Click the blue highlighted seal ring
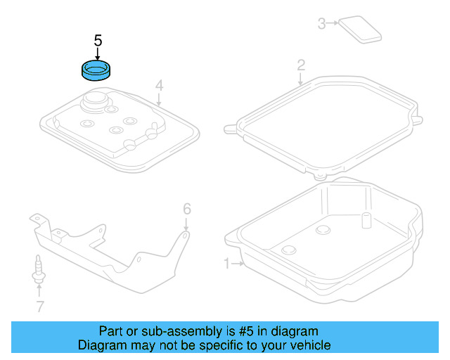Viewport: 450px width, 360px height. [x=98, y=71]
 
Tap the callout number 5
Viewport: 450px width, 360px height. [x=98, y=41]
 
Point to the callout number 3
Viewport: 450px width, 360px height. [x=321, y=24]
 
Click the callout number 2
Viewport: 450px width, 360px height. [x=300, y=65]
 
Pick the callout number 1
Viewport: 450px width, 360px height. [x=227, y=264]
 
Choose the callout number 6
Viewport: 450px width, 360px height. [x=187, y=208]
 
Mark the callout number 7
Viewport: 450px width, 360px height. [x=39, y=306]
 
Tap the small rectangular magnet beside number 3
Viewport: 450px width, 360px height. [x=359, y=30]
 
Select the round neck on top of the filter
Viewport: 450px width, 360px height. [x=97, y=102]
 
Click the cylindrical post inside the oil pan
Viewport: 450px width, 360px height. [x=366, y=219]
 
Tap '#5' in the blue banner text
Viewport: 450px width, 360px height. [x=251, y=331]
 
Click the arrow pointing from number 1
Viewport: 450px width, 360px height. [x=238, y=264]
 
